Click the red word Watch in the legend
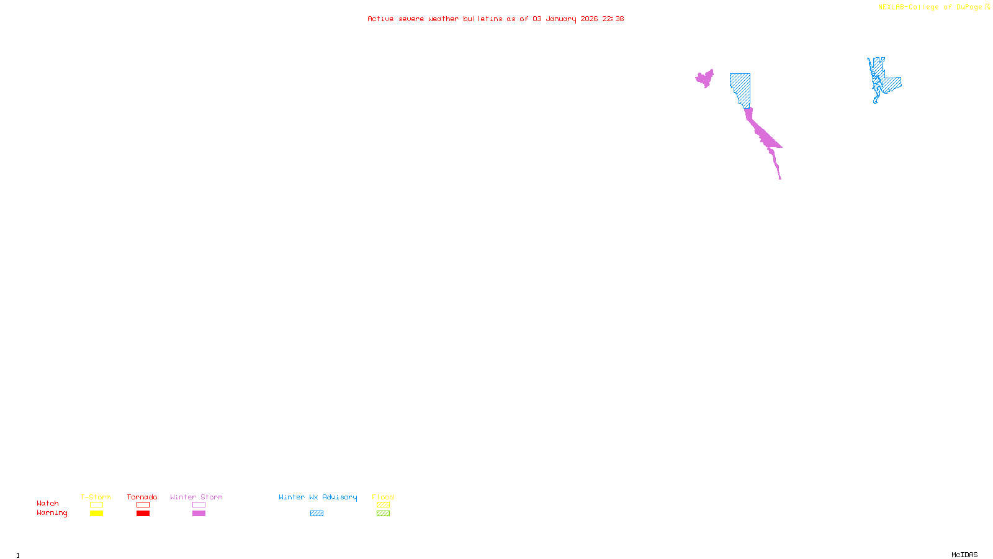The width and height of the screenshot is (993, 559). [x=48, y=504]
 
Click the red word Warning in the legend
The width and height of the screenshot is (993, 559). [x=52, y=513]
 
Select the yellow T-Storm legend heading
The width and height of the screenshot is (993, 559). [x=96, y=497]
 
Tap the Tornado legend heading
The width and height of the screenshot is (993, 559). [x=142, y=497]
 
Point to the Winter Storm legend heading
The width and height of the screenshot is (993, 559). [x=196, y=497]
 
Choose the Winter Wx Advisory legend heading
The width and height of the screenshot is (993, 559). [x=318, y=497]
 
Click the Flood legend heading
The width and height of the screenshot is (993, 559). [x=383, y=497]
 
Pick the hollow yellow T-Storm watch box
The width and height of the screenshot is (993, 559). [x=96, y=505]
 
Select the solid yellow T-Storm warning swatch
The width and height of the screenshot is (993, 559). [x=96, y=514]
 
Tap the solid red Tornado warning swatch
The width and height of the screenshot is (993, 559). [x=143, y=514]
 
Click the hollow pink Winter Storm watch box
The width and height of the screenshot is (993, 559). [x=199, y=505]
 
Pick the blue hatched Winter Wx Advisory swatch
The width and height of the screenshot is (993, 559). [x=317, y=514]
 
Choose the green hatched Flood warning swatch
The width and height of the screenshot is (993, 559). [x=383, y=514]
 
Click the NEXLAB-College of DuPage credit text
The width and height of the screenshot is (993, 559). [x=930, y=7]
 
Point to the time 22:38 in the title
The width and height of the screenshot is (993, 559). [x=613, y=19]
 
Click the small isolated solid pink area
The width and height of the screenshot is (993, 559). [x=704, y=79]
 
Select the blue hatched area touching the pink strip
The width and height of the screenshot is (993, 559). [x=740, y=87]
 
